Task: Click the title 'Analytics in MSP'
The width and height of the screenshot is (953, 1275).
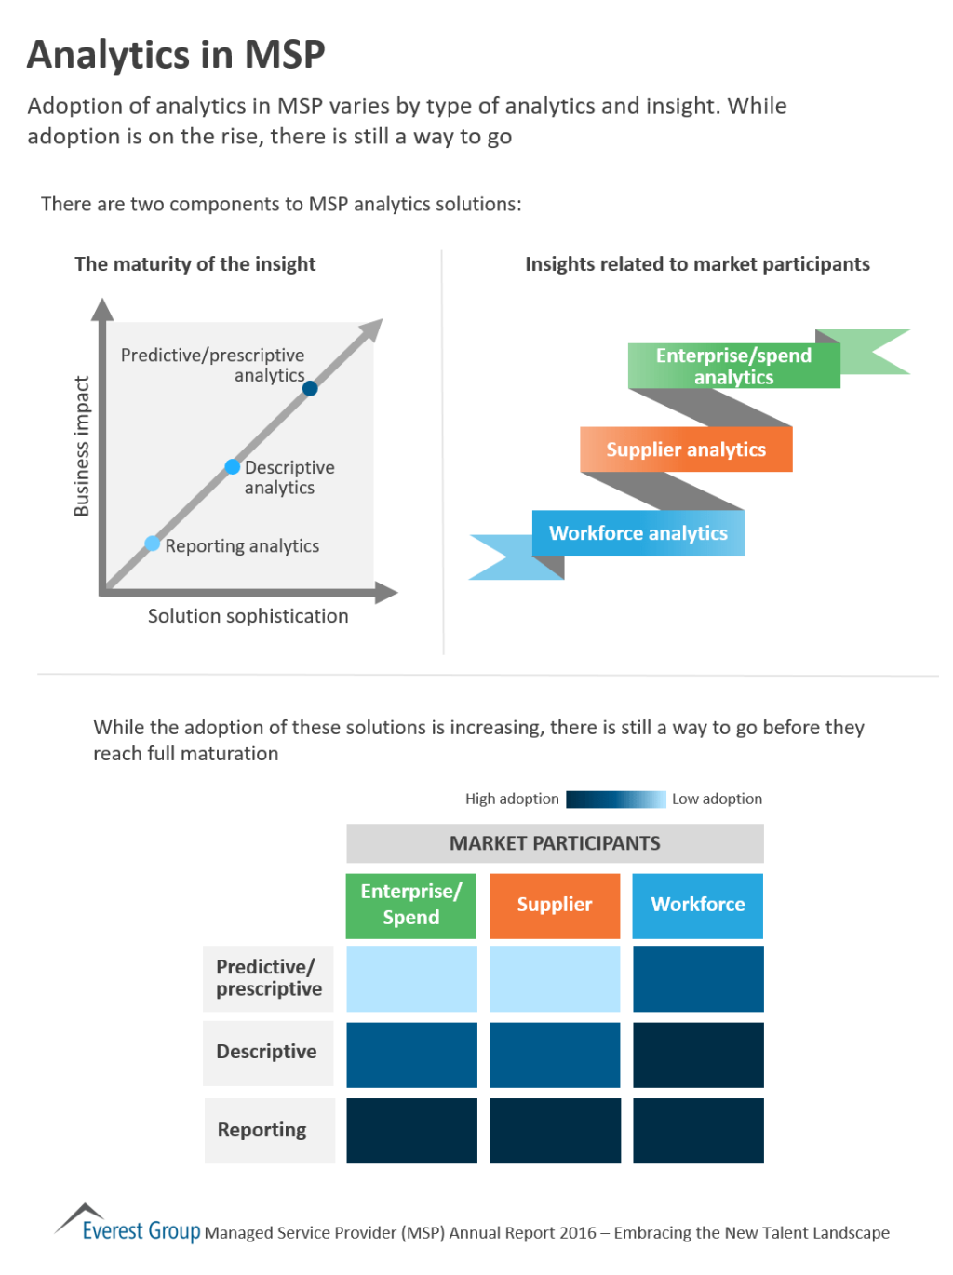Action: click(176, 55)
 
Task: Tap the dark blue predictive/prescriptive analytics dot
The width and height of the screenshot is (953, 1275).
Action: click(310, 388)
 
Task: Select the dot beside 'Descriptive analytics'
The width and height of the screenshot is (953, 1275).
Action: click(233, 466)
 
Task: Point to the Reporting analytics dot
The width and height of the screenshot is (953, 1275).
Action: click(153, 544)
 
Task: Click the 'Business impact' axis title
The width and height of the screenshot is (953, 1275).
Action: click(82, 446)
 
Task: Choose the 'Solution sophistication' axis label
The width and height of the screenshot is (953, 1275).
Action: click(248, 616)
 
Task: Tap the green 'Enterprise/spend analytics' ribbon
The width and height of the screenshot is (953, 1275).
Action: click(733, 366)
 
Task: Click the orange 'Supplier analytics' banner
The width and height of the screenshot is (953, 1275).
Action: click(686, 450)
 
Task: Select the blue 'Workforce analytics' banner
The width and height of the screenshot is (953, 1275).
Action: click(638, 533)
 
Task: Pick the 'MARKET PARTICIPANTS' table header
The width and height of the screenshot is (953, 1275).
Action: click(555, 843)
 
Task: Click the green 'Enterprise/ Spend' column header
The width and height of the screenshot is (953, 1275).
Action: click(411, 905)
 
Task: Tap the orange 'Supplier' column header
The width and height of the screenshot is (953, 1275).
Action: click(555, 905)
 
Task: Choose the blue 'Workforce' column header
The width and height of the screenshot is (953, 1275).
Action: click(698, 905)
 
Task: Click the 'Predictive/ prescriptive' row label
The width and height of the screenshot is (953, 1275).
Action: click(269, 978)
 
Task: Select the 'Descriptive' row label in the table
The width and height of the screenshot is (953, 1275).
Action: click(267, 1052)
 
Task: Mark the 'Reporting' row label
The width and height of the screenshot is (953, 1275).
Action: click(262, 1130)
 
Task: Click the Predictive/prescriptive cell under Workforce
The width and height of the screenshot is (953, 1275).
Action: click(698, 979)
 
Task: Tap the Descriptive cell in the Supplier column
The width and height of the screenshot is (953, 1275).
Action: click(555, 1054)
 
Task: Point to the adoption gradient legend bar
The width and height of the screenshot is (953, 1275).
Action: click(616, 799)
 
